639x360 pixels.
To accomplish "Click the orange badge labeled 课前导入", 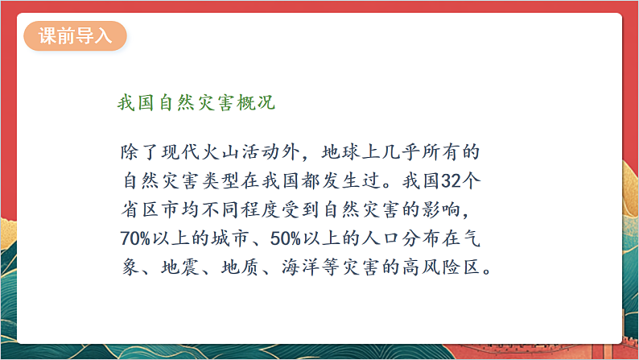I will tap(74, 37).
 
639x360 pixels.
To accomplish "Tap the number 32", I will tap(448, 175).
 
